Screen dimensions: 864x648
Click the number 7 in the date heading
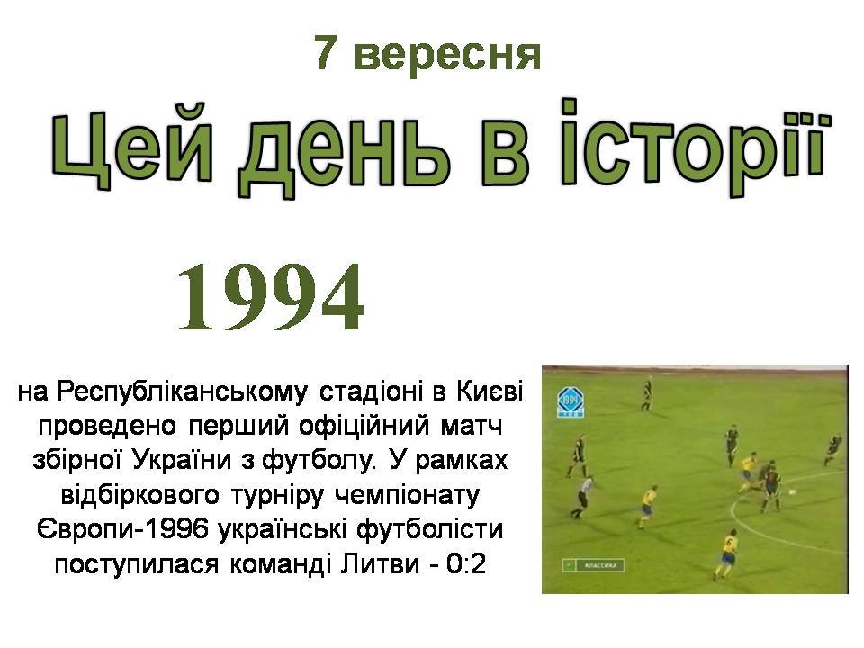point(326,53)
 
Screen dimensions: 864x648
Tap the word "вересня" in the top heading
point(447,56)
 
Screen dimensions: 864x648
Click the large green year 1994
point(271,297)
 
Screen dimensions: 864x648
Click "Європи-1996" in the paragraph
point(123,529)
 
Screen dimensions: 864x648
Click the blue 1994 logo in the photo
point(571,401)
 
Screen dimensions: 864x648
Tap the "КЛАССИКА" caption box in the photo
point(594,565)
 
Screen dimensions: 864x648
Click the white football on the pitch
point(793,492)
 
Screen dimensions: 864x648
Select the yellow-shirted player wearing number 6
point(725,553)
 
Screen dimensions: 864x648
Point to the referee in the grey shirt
point(581,497)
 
